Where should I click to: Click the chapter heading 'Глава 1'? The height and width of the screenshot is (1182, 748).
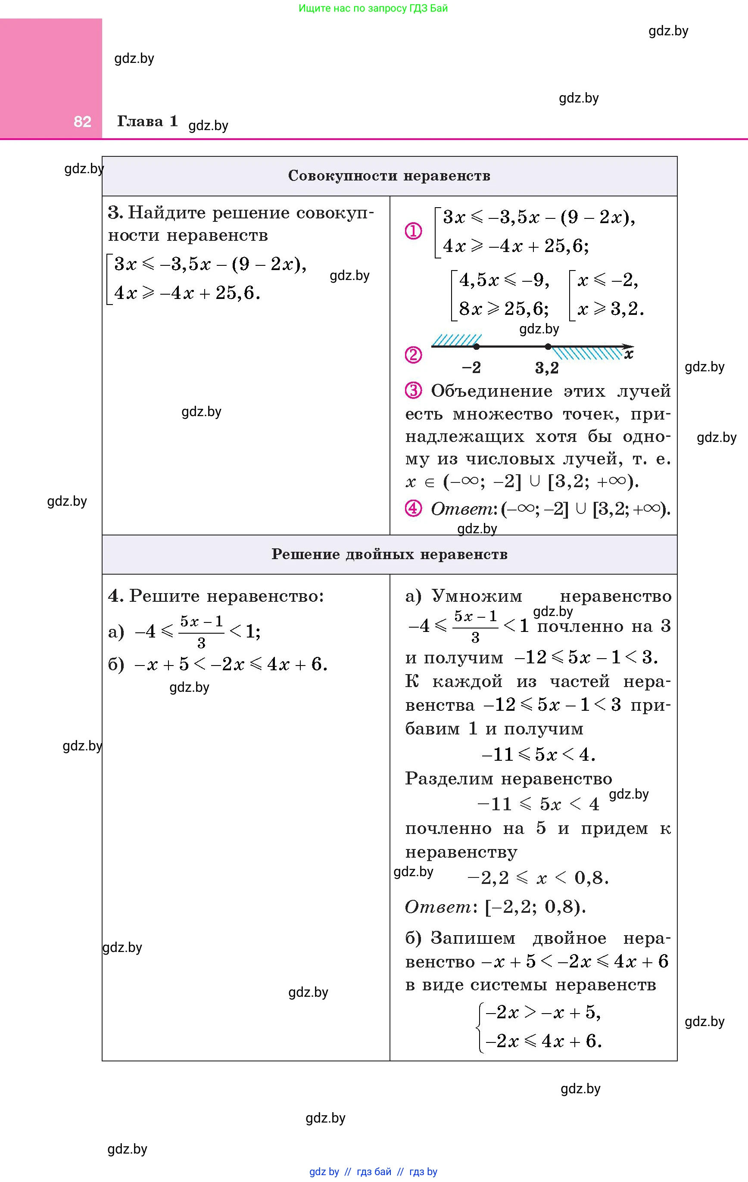click(x=147, y=121)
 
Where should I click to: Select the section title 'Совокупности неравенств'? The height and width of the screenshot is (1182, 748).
click(x=389, y=176)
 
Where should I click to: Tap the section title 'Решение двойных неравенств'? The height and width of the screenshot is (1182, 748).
click(x=389, y=554)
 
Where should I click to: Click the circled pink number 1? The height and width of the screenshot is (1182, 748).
click(x=413, y=231)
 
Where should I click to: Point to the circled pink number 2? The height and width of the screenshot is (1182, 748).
click(x=413, y=355)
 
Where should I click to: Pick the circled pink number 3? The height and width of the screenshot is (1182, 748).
click(x=413, y=391)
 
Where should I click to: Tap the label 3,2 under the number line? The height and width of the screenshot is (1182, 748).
click(x=547, y=368)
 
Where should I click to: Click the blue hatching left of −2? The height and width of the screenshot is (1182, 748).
click(x=456, y=340)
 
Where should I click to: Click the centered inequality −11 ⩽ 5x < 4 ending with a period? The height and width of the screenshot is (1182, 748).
click(x=538, y=754)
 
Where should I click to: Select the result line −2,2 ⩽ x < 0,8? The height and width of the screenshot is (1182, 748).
click(x=538, y=877)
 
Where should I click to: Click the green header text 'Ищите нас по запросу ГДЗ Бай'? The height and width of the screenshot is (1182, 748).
click(x=373, y=8)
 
